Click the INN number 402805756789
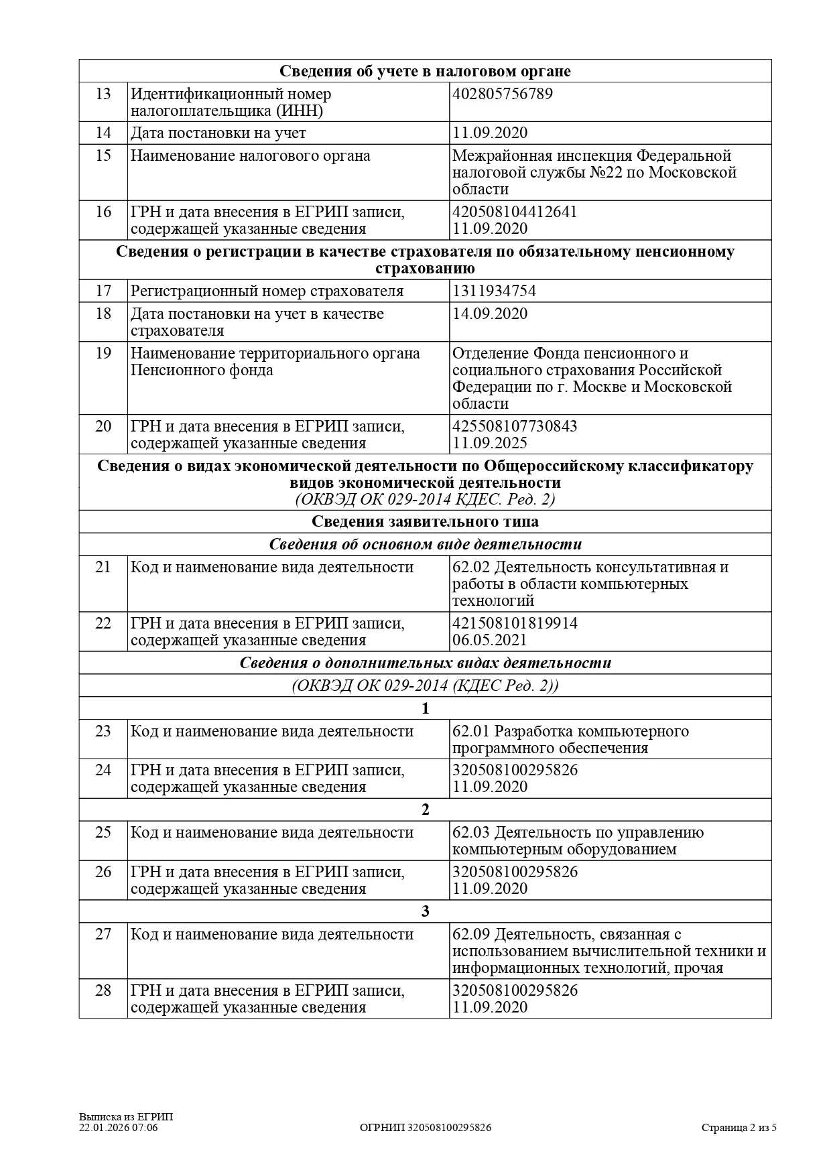pyautogui.click(x=503, y=94)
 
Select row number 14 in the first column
pyautogui.click(x=103, y=133)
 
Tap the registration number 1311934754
pyautogui.click(x=494, y=291)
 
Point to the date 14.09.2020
pyautogui.click(x=490, y=314)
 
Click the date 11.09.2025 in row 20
pyautogui.click(x=490, y=444)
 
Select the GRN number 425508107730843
pyautogui.click(x=515, y=427)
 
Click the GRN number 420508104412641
pyautogui.click(x=515, y=212)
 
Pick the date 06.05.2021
pyautogui.click(x=490, y=641)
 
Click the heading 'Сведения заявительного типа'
pyautogui.click(x=425, y=522)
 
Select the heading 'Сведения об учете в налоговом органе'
pyautogui.click(x=425, y=72)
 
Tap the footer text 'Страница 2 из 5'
pyautogui.click(x=739, y=1128)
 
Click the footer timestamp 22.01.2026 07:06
pyautogui.click(x=119, y=1128)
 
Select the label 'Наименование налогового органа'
pyautogui.click(x=250, y=156)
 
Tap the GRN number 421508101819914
pyautogui.click(x=515, y=624)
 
